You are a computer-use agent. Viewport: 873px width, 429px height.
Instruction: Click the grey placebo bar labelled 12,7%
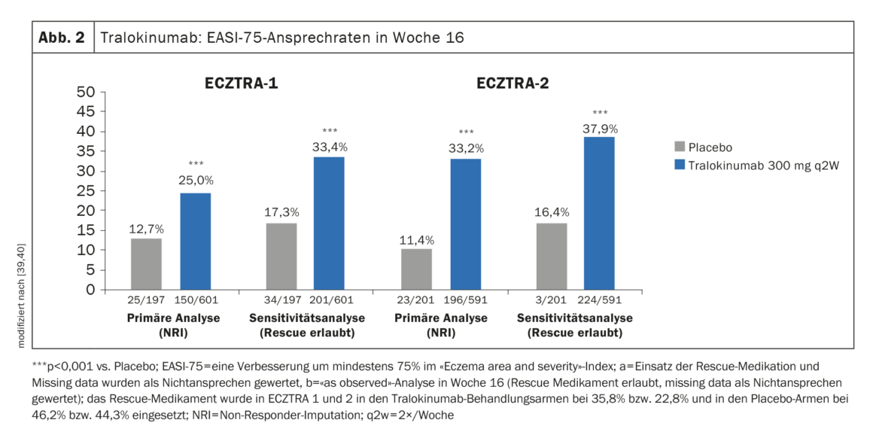click(x=146, y=263)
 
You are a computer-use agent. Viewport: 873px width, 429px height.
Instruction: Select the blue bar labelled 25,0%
click(x=195, y=241)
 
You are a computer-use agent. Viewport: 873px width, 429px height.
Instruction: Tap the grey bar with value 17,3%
click(x=281, y=256)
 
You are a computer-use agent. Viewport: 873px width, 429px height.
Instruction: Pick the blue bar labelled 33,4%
click(x=329, y=223)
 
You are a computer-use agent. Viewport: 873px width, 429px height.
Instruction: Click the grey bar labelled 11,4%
click(x=416, y=269)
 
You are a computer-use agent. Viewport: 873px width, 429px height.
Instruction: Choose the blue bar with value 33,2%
click(x=466, y=224)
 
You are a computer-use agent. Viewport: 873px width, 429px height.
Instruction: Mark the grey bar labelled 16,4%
click(x=552, y=256)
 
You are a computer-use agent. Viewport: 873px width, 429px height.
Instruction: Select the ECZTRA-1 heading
click(x=242, y=83)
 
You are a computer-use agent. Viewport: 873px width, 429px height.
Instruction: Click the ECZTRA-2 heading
click(x=513, y=83)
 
